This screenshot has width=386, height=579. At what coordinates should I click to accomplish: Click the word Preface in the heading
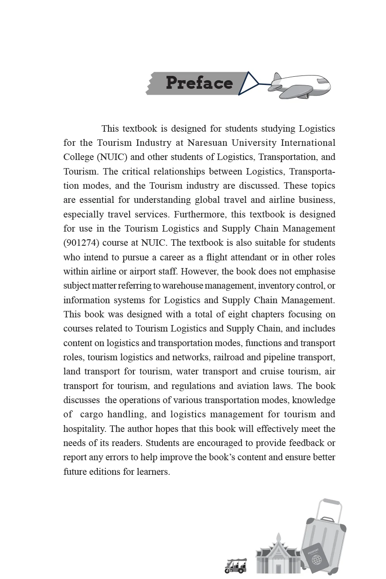[199, 83]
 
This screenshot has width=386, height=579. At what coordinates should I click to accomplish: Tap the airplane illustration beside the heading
[299, 85]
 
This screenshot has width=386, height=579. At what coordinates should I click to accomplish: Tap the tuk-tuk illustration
[236, 566]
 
